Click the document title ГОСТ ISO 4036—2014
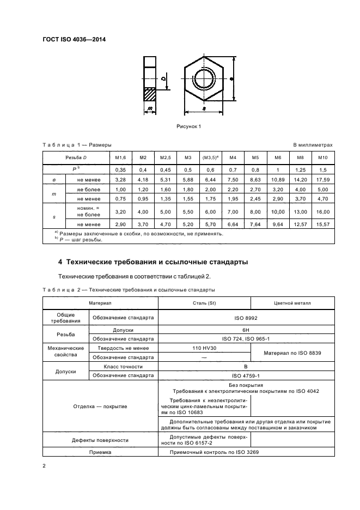click(x=74, y=40)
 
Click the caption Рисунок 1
click(x=188, y=126)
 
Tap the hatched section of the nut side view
click(x=150, y=94)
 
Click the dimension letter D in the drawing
click(x=163, y=78)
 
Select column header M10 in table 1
click(x=323, y=158)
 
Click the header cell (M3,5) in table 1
click(x=210, y=158)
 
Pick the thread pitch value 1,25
click(x=301, y=170)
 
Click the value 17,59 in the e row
click(x=323, y=180)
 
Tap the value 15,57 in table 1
click(x=323, y=224)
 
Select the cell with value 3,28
click(x=121, y=180)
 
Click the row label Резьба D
click(x=76, y=158)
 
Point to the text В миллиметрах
click(x=313, y=145)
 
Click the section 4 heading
click(x=153, y=262)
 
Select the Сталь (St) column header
click(x=204, y=303)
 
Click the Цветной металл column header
click(x=292, y=303)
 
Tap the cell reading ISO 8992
click(x=246, y=318)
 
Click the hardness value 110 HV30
click(x=204, y=348)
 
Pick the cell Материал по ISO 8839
click(x=292, y=353)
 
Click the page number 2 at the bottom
click(x=44, y=466)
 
